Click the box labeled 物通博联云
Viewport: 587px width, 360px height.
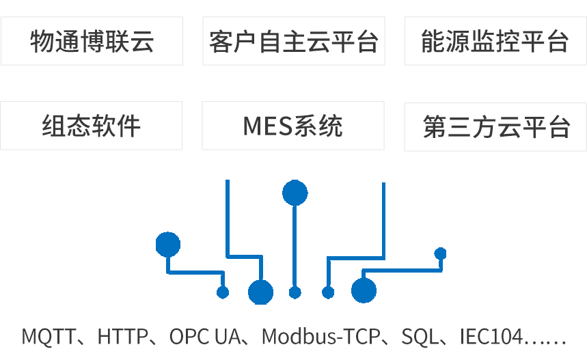pos(92,42)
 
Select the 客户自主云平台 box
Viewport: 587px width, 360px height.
pos(293,42)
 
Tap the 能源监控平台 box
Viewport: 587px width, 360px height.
pos(495,42)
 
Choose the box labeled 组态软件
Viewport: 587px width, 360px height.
pos(92,126)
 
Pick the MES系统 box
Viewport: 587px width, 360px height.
pos(293,126)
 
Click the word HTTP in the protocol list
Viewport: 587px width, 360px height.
pos(123,337)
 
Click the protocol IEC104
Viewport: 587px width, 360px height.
pos(491,337)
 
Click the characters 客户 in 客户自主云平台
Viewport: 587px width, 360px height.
pos(234,42)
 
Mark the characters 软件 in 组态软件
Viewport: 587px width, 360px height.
pos(116,126)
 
